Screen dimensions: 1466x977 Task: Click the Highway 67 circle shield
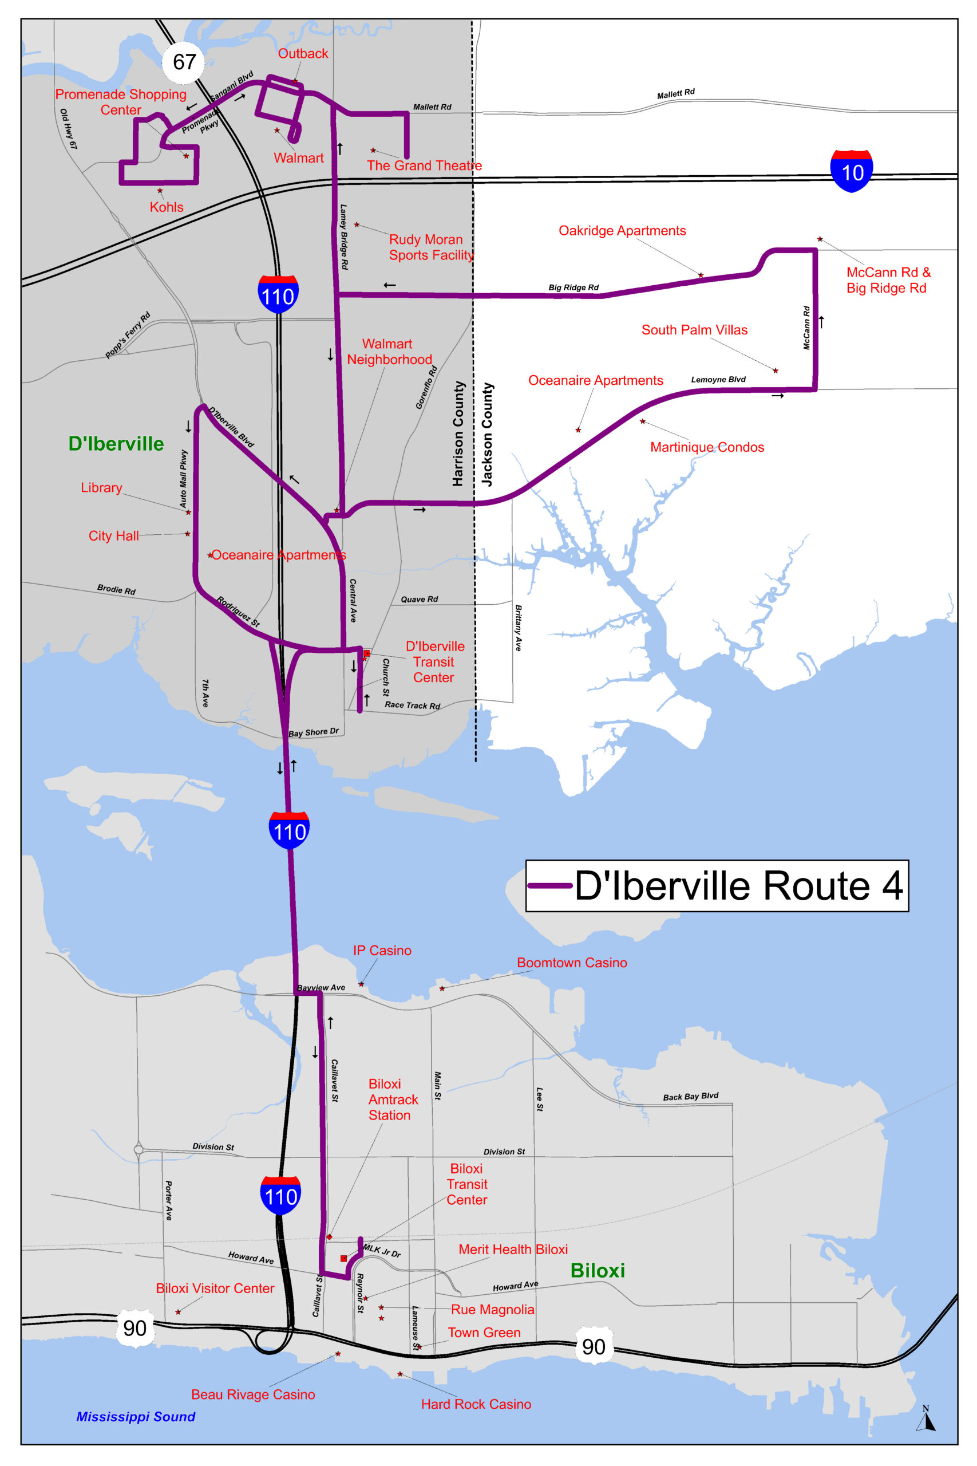click(x=184, y=62)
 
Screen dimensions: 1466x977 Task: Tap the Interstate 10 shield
click(x=851, y=171)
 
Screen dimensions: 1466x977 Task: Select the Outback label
click(x=303, y=54)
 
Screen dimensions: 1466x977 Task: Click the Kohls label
click(x=167, y=207)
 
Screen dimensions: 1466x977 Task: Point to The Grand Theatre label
click(x=424, y=165)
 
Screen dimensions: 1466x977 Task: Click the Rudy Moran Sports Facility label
click(x=430, y=247)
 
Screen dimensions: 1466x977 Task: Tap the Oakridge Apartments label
click(x=622, y=231)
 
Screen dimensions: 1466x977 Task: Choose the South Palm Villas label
click(x=694, y=330)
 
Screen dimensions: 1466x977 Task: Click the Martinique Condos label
click(x=707, y=447)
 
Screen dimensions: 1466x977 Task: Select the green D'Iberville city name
click(x=116, y=444)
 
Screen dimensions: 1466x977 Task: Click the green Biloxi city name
click(x=597, y=1270)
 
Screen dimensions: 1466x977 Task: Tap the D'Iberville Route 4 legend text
click(x=738, y=886)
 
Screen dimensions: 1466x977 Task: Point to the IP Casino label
click(x=382, y=951)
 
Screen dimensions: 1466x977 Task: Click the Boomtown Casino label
click(x=571, y=963)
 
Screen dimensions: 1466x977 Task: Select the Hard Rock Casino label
click(x=476, y=1404)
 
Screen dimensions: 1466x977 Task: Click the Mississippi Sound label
click(x=136, y=1416)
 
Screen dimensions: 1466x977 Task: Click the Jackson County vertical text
click(x=486, y=435)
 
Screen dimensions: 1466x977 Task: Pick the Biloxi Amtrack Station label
click(x=393, y=1099)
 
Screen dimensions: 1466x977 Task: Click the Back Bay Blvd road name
click(x=690, y=1097)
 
